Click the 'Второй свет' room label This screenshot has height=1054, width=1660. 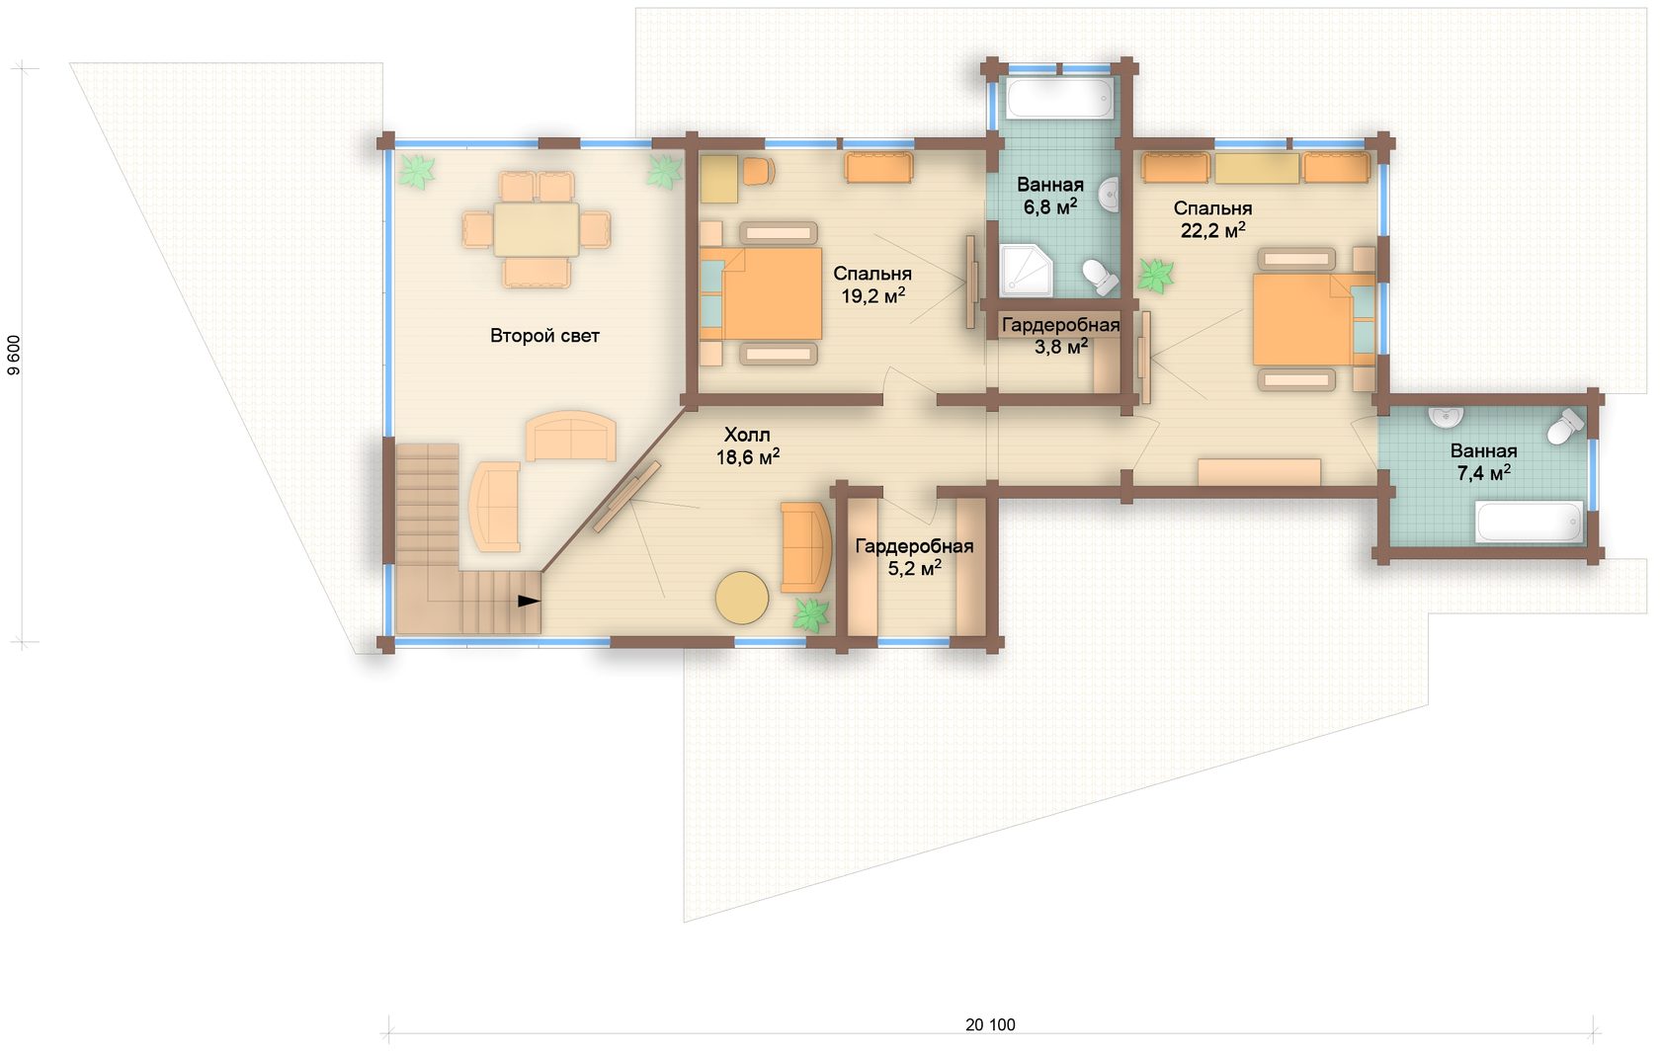pos(544,336)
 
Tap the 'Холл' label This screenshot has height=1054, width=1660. pos(747,435)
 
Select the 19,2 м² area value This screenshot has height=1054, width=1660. pos(873,296)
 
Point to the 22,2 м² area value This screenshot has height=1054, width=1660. pos(1212,230)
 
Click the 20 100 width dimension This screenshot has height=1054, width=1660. pos(990,1024)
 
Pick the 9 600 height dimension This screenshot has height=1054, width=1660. pos(14,356)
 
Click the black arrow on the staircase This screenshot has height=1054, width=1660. pos(529,601)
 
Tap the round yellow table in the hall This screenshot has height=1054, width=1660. pos(742,598)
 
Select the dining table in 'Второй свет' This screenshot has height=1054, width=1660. pos(537,229)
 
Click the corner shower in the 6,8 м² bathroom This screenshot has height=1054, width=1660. pos(1026,270)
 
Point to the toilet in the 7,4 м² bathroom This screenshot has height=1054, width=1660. pos(1565,426)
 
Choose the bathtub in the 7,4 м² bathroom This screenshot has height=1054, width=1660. pos(1530,522)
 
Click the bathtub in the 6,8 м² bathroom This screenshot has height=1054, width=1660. pos(1059,98)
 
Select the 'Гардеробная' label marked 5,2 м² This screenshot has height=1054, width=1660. pos(914,546)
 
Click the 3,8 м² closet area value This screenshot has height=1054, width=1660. pos(1061,347)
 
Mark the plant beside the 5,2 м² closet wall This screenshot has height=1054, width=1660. pos(810,614)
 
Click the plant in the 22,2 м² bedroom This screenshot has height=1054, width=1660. pos(1155,276)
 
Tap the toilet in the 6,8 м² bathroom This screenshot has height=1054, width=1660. pos(1101,276)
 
